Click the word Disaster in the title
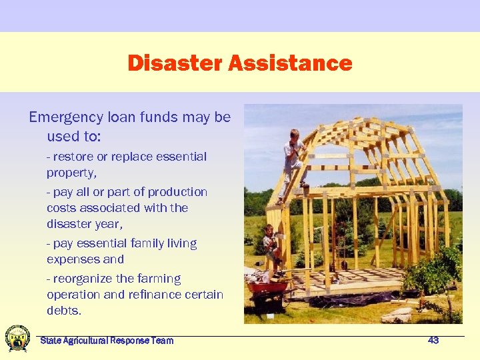tap(175, 63)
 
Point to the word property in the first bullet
tap(70, 173)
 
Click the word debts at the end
tap(62, 311)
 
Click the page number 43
tap(433, 341)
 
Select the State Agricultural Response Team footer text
tap(107, 341)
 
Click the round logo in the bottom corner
tap(17, 339)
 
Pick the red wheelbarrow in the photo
tap(269, 289)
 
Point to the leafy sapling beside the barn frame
tap(437, 273)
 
